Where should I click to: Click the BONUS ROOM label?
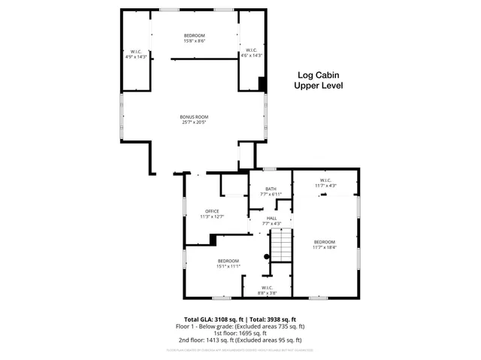point(194,116)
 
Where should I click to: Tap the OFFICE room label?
point(211,210)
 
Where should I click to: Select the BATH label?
point(271,189)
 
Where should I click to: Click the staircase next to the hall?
point(280,244)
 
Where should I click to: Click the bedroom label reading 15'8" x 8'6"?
point(194,35)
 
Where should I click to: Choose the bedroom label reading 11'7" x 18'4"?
point(325,242)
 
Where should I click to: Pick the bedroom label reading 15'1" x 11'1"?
point(228,261)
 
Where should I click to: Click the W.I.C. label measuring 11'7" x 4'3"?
point(325,180)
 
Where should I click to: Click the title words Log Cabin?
point(317,75)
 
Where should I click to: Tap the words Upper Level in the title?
point(317,86)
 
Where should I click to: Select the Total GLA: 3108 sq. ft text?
point(214,319)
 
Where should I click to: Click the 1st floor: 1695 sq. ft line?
point(240,333)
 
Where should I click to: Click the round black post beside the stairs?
point(266,256)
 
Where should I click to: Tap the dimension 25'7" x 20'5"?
point(194,123)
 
